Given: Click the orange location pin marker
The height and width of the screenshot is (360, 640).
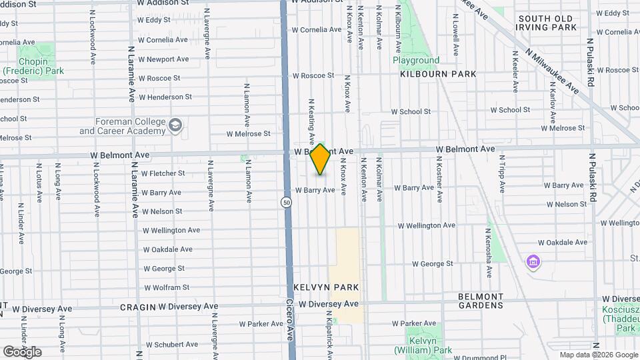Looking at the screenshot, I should coord(320,159).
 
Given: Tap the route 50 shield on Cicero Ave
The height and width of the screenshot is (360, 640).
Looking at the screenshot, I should coord(285,202).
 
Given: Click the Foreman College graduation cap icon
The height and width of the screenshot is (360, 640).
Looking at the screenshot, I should coord(175,125).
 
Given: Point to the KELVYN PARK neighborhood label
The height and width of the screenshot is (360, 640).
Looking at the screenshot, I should coord(326,287).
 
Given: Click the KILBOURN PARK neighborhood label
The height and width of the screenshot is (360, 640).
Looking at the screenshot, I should coord(438,74).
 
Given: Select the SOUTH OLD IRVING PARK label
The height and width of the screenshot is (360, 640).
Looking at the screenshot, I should coord(547,23).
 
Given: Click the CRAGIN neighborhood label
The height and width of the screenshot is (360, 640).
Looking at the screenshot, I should coord(137,307).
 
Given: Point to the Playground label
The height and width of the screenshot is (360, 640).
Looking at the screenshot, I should coord(416,60).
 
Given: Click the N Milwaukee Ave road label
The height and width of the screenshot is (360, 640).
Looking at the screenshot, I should coord(551,71).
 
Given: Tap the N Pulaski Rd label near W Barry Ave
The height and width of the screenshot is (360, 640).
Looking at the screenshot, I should coord(592,177).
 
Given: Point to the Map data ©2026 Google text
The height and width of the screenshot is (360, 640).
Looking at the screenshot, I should coord(599,355).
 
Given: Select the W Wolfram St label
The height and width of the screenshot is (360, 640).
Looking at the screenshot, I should coord(166,287).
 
